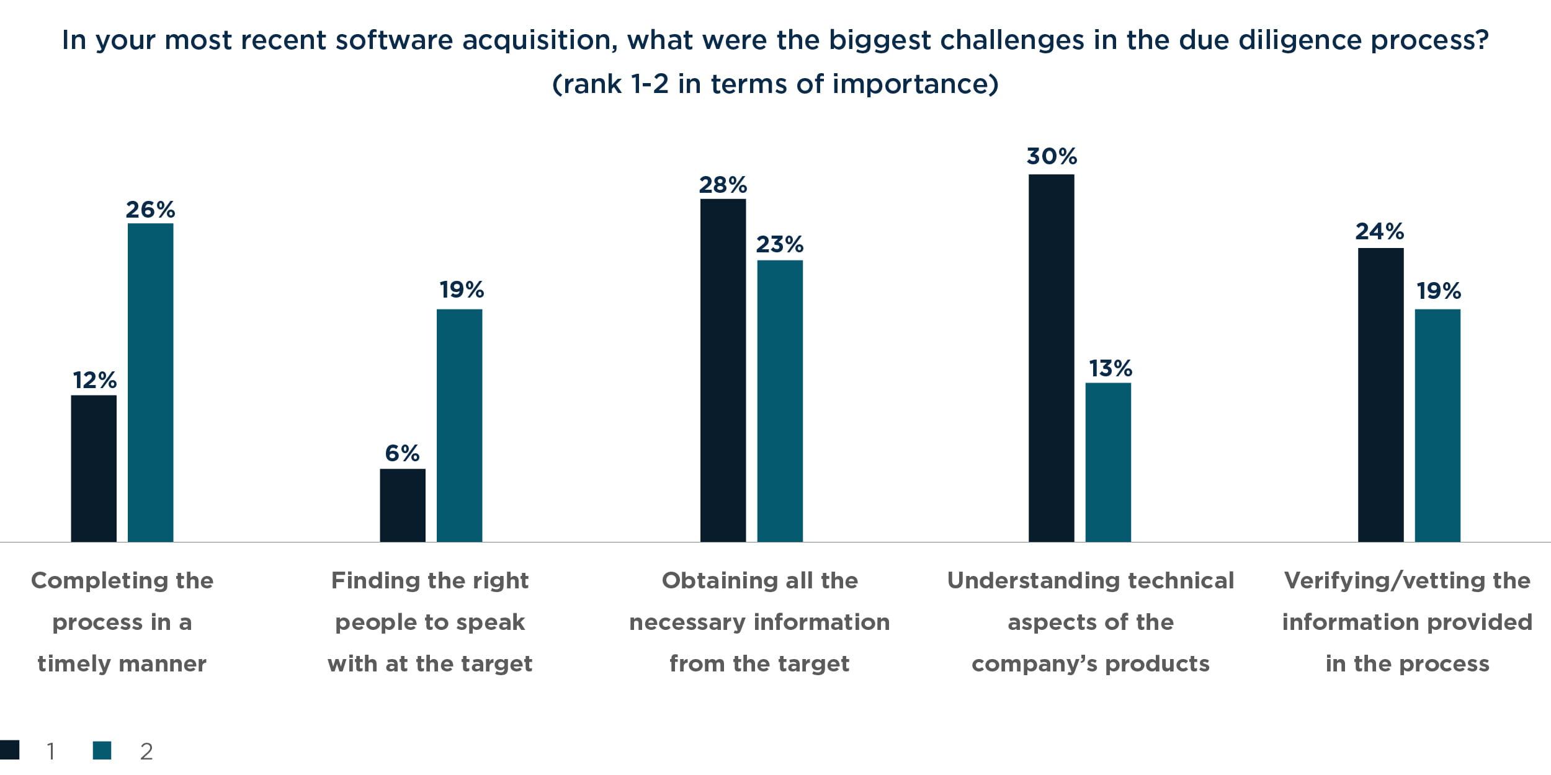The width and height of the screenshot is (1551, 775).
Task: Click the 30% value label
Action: (x=1052, y=156)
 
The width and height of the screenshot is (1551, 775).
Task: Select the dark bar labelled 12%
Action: (x=94, y=468)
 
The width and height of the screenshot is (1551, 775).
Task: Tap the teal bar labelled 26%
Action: (x=150, y=383)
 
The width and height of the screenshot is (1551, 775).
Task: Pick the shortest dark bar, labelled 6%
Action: (x=403, y=505)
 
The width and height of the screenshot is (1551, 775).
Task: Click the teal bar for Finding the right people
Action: (x=459, y=425)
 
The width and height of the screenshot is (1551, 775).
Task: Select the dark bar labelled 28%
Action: (x=723, y=370)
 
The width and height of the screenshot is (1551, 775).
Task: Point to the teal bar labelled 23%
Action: (x=780, y=401)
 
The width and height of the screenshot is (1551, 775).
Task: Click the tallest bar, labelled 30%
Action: (x=1051, y=358)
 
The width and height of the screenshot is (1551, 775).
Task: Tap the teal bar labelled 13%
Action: (x=1108, y=463)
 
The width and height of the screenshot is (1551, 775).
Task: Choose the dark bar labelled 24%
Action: (x=1380, y=395)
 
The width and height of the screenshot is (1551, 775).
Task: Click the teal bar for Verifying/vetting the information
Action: (x=1437, y=425)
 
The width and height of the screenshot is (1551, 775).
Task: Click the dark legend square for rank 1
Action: (x=10, y=750)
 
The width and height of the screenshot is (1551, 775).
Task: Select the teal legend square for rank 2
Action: (x=102, y=750)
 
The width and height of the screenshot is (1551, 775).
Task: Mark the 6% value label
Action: (x=402, y=453)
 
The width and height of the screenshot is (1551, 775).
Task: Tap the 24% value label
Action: (x=1379, y=232)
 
